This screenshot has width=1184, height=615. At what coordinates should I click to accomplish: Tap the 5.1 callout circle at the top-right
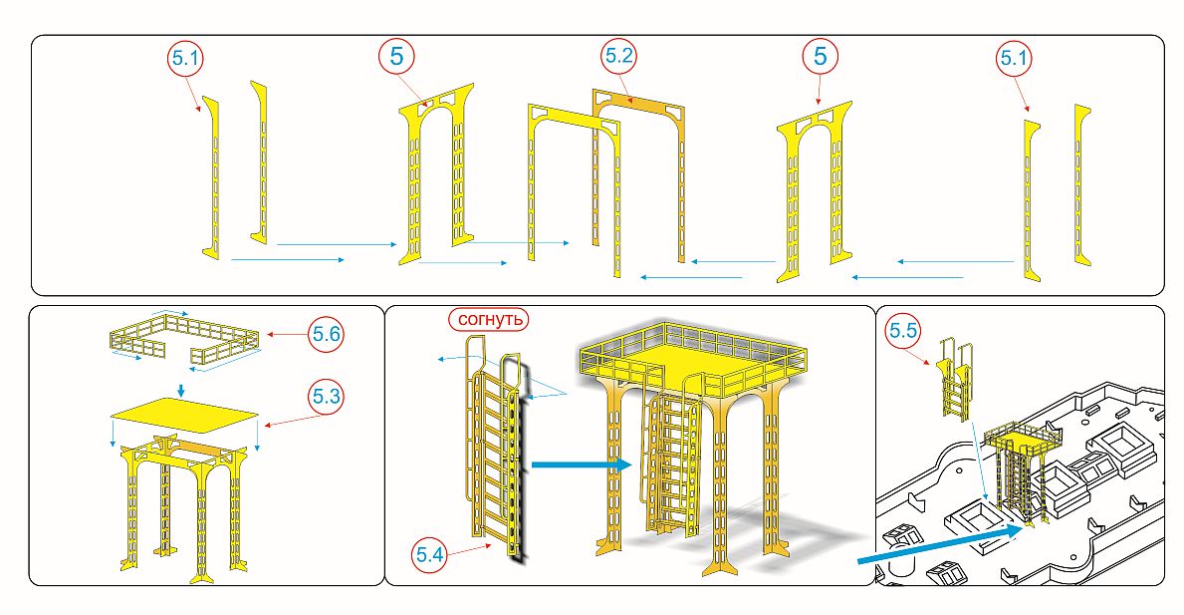pos(1013,60)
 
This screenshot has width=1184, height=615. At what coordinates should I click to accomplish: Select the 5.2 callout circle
pos(618,57)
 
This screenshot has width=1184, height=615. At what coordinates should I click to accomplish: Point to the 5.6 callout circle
pos(325,335)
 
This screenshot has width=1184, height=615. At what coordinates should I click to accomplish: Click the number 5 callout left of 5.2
pos(397,57)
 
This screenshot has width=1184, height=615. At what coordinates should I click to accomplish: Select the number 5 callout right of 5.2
pos(820,57)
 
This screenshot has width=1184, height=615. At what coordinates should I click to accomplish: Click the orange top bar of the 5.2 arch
pos(637,100)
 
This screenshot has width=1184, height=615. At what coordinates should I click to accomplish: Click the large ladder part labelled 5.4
pos(490,449)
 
